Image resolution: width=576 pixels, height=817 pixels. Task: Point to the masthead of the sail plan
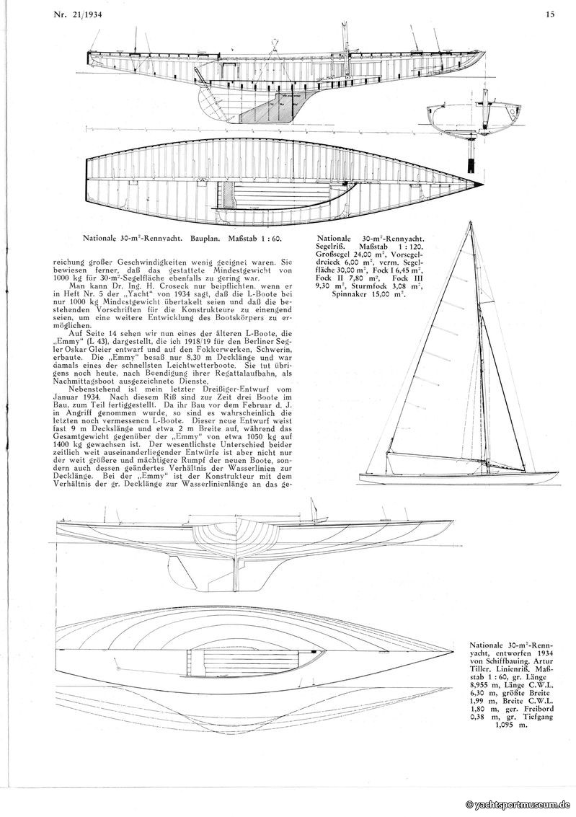tap(473, 224)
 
